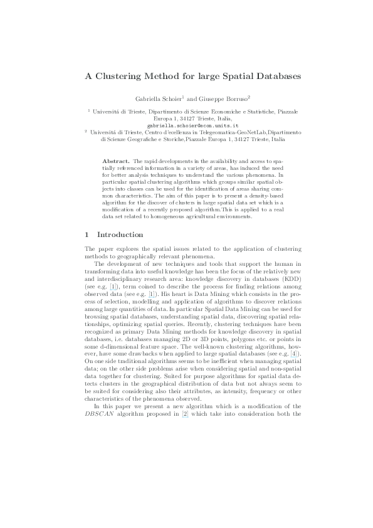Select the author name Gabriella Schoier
pos(158,98)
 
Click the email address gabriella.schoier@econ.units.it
pos(186,125)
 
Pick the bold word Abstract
pos(116,161)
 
